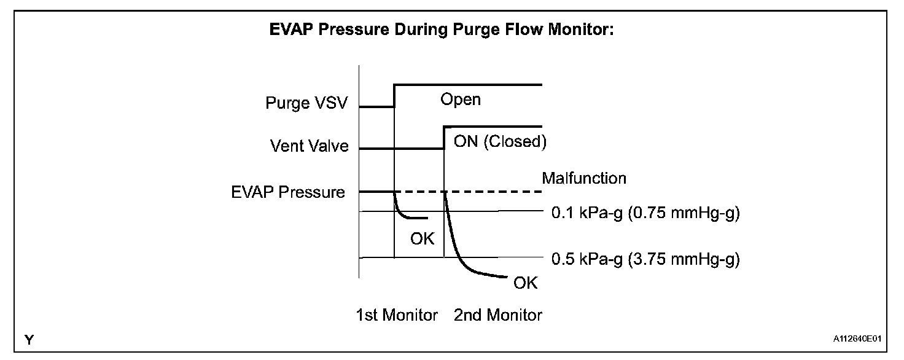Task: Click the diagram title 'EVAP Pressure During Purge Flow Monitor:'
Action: (x=442, y=30)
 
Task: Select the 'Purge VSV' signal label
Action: (x=306, y=103)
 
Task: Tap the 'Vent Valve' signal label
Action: (x=309, y=146)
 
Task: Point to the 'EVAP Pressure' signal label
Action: (x=288, y=192)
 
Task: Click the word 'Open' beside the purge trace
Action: (x=461, y=100)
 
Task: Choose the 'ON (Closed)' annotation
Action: (x=500, y=142)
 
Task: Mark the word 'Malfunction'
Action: (x=584, y=178)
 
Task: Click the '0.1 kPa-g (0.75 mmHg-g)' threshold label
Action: (x=645, y=213)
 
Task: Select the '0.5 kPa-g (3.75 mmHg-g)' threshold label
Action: (x=645, y=259)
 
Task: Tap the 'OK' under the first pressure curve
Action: (x=422, y=239)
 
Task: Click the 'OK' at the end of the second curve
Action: (x=526, y=283)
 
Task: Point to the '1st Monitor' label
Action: (x=397, y=315)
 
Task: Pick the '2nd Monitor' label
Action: (x=498, y=315)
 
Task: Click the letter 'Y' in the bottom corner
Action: (x=29, y=340)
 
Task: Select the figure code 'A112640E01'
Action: (x=857, y=338)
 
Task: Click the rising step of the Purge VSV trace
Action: (x=394, y=96)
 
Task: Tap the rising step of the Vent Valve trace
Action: (x=444, y=138)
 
